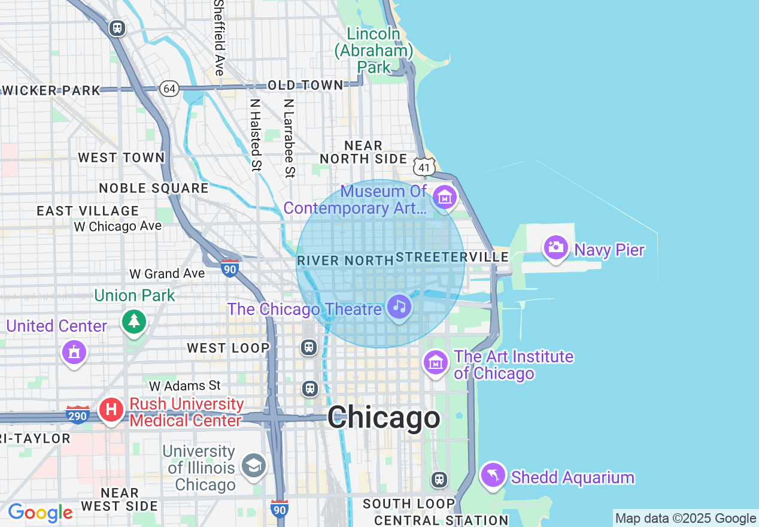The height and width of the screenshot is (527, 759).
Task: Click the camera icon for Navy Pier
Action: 555,247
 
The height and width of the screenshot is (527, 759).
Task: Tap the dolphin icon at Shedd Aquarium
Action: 493,475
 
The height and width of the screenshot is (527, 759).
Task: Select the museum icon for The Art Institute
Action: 436,362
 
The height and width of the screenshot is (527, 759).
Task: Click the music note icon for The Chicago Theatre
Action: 399,307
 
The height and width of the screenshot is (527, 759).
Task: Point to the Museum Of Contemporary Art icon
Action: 445,197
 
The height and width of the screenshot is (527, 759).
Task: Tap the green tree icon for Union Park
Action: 134,322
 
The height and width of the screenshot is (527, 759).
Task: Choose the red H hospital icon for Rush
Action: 111,410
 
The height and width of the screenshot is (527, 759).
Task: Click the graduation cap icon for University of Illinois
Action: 254,465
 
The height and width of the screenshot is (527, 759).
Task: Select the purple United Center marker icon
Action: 74,352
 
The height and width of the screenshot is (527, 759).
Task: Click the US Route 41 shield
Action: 424,167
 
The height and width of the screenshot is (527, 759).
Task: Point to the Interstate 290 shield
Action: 78,414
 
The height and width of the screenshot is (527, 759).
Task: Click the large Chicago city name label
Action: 384,417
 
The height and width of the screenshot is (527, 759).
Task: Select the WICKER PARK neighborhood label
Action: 51,90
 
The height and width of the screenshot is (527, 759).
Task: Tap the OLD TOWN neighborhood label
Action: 305,86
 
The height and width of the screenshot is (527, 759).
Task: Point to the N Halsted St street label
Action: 256,135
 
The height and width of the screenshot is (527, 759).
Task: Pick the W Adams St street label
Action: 185,386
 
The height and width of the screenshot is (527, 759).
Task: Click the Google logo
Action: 40,513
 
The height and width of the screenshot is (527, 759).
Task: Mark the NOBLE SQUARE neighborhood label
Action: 154,188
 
